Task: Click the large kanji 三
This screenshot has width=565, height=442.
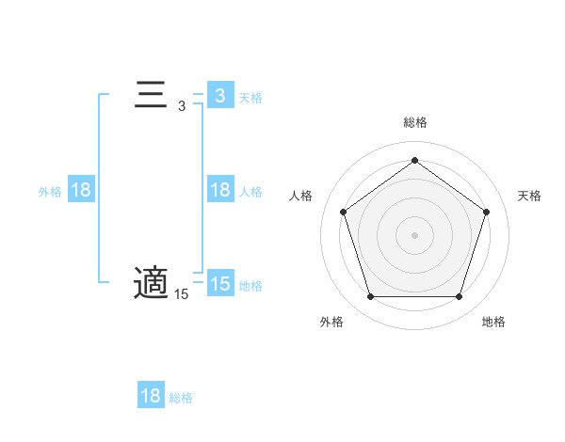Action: coord(151,96)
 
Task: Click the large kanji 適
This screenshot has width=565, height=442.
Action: coord(151,283)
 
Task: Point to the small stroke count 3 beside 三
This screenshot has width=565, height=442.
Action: coord(181,107)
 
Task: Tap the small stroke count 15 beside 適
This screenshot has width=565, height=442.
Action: coord(181,294)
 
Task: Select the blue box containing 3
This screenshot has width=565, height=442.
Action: coord(220,96)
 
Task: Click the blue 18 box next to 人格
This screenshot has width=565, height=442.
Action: coord(220,190)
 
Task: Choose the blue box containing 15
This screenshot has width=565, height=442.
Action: coord(220,284)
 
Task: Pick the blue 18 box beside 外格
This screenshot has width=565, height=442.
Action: coord(81,190)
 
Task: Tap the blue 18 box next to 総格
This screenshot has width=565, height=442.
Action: coord(151,396)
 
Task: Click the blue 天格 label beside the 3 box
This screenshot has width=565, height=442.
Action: coord(250,97)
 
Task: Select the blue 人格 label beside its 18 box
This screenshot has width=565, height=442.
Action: coord(250,191)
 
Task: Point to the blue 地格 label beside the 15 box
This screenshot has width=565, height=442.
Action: coord(250,285)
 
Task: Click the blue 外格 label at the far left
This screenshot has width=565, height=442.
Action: coord(50,191)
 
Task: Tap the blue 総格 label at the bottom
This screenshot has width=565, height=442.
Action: coord(181,397)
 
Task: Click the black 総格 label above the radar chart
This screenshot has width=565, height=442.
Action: coord(414,123)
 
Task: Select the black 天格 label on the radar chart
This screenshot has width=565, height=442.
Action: coord(529,196)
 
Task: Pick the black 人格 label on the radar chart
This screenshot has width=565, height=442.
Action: coord(300,196)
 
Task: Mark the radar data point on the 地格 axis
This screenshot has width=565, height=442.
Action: coord(459,296)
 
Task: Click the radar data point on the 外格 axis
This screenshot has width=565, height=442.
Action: coord(370,296)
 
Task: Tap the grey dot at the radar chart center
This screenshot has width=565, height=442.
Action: coord(414,234)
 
